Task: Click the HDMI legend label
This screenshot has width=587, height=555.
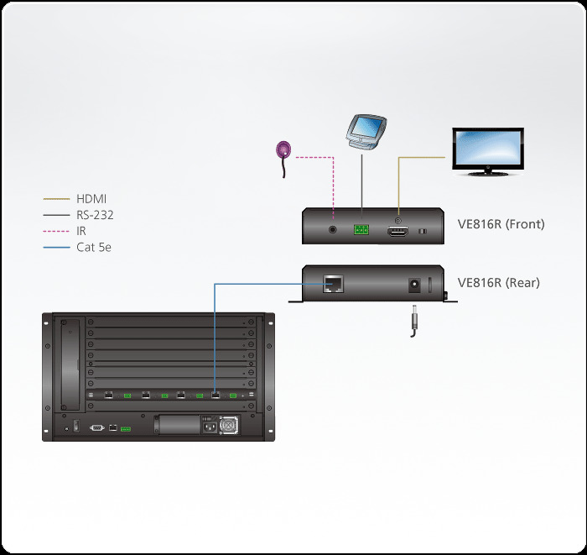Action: click(x=91, y=199)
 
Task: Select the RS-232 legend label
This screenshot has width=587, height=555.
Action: click(x=95, y=215)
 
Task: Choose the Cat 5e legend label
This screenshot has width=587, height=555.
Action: click(x=95, y=247)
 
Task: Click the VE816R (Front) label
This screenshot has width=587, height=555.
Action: click(x=501, y=224)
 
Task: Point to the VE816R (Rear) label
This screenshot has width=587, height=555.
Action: click(x=499, y=283)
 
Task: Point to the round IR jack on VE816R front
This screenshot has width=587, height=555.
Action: click(x=335, y=228)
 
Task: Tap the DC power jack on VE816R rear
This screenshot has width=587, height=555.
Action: click(x=413, y=285)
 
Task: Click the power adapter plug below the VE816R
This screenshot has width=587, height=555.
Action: click(x=413, y=321)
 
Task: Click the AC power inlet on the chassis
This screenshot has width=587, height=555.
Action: click(x=205, y=425)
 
